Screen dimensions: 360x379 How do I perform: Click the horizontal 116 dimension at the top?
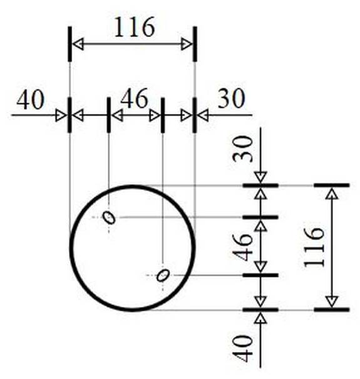click(x=135, y=27)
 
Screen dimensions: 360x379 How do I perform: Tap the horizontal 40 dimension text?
click(x=31, y=99)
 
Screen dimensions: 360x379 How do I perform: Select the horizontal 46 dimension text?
click(x=134, y=98)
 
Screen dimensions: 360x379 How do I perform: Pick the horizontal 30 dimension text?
click(x=232, y=98)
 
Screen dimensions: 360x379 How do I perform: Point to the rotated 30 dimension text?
click(x=242, y=149)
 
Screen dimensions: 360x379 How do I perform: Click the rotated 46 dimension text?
click(x=242, y=247)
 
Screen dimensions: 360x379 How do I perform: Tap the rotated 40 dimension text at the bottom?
click(x=242, y=348)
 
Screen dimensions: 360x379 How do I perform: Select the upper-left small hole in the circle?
click(x=109, y=217)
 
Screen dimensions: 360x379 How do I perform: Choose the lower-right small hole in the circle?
click(x=163, y=275)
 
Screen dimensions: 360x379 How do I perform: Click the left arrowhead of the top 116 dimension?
click(x=78, y=44)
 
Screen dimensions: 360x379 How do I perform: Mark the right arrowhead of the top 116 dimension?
click(x=187, y=44)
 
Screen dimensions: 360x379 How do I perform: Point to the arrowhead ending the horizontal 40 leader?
click(x=61, y=115)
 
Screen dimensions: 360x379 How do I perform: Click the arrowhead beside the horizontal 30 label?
click(x=202, y=115)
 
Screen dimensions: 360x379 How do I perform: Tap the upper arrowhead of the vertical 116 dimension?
click(x=331, y=194)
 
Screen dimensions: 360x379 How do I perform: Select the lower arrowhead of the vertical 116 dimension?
click(x=331, y=302)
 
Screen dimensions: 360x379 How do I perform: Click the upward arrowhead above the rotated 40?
click(x=260, y=318)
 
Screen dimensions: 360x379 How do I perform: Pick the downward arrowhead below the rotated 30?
click(x=260, y=177)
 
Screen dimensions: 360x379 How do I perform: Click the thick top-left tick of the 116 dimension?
click(x=69, y=44)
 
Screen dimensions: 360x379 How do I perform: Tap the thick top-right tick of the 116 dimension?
click(x=195, y=44)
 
